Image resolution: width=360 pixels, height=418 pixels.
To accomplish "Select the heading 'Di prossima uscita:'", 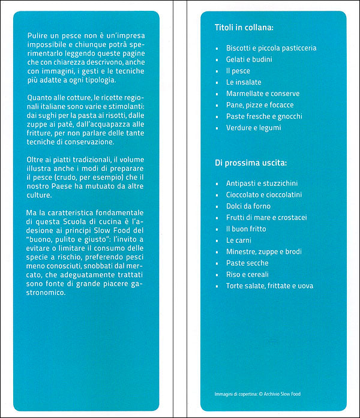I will pyautogui.click(x=250, y=163).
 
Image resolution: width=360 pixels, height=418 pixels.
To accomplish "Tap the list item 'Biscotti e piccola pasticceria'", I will pyautogui.click(x=271, y=48).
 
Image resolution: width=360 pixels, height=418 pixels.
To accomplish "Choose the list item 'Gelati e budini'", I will pyautogui.click(x=249, y=59).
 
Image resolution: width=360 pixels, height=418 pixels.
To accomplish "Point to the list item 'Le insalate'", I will pyautogui.click(x=242, y=82).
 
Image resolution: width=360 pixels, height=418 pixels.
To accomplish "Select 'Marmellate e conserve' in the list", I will pyautogui.click(x=263, y=94).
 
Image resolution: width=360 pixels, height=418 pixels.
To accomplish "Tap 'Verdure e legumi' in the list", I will pyautogui.click(x=253, y=128).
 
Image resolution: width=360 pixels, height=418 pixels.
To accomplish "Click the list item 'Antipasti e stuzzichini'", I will pyautogui.click(x=262, y=184).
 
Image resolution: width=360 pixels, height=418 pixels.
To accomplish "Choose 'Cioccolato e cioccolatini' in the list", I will pyautogui.click(x=264, y=195).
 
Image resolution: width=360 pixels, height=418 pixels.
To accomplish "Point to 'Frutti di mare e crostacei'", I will pyautogui.click(x=266, y=218).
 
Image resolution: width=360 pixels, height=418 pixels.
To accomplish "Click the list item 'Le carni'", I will pyautogui.click(x=238, y=240).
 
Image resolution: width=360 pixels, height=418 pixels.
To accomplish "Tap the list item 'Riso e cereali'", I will pyautogui.click(x=248, y=275).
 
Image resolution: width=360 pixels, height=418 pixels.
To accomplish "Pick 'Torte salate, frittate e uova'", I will pyautogui.click(x=269, y=286).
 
